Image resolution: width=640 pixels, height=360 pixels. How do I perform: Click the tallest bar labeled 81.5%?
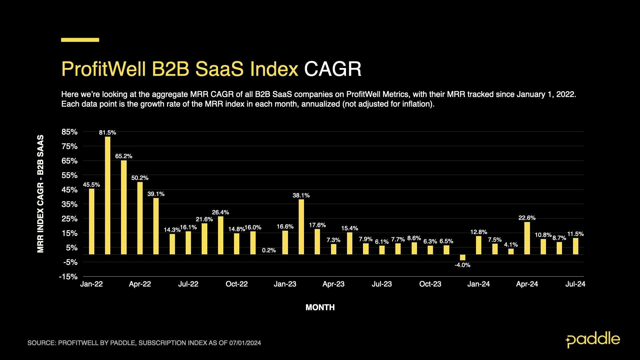(108, 195)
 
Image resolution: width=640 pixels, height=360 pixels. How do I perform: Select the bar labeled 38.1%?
(301, 227)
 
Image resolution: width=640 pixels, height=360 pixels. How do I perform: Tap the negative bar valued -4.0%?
(462, 257)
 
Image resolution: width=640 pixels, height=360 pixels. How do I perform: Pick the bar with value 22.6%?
(527, 238)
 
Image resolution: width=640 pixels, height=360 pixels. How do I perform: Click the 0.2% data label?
(269, 250)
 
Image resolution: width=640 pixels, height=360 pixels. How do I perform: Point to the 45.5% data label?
(91, 185)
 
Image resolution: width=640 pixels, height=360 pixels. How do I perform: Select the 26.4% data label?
(220, 212)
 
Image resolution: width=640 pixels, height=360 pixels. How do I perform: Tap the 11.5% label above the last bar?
(575, 234)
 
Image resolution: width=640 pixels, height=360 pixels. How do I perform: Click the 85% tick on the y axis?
(69, 132)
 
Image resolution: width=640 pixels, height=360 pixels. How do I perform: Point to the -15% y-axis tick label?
(68, 277)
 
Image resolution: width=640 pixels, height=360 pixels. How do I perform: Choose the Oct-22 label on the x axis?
(237, 284)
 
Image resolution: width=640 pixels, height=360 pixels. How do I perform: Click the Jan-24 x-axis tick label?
(478, 284)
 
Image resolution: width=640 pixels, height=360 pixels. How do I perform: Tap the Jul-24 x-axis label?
(575, 284)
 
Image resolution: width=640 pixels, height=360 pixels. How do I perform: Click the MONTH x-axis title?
(320, 307)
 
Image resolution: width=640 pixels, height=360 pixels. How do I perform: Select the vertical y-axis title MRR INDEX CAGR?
(41, 193)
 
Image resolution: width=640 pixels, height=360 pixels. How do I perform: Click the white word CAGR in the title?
(332, 69)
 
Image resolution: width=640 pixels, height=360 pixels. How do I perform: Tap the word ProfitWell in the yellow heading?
(103, 69)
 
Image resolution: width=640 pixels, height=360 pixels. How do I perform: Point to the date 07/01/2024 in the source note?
(245, 343)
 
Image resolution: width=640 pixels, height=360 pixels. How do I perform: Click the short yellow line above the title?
(80, 40)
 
